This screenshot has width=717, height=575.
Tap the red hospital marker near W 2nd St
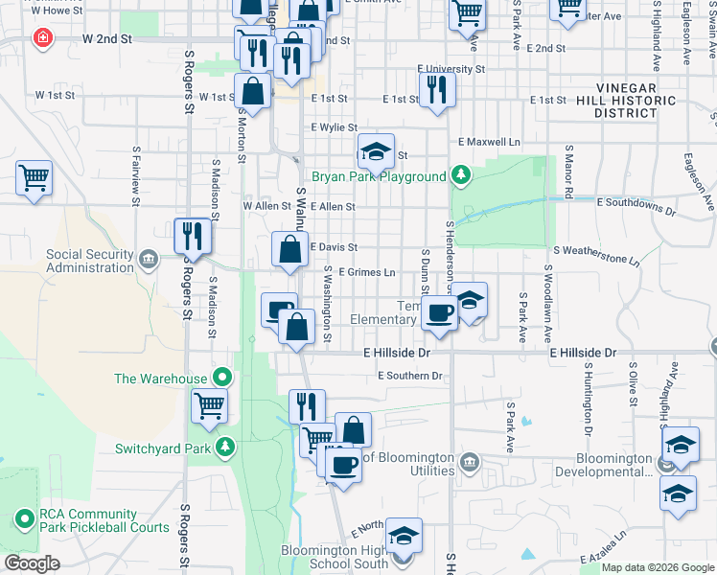[42, 38]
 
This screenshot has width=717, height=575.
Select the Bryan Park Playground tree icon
[462, 175]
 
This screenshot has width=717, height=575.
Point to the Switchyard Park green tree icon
[225, 447]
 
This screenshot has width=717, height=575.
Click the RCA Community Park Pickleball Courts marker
[24, 519]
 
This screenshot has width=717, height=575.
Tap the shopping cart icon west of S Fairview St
[34, 177]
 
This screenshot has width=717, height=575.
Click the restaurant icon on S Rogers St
[193, 236]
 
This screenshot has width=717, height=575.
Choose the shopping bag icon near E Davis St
[290, 250]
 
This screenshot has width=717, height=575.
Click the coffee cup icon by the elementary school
[440, 312]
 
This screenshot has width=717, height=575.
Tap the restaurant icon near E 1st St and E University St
[437, 90]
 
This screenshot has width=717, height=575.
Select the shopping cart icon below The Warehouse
[210, 405]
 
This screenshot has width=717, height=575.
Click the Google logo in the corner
[32, 563]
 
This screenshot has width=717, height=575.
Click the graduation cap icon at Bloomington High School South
[404, 536]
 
